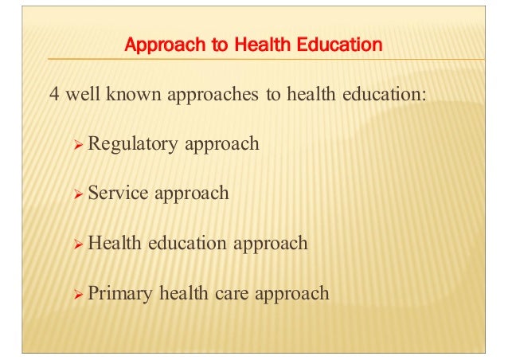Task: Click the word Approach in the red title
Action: pos(162,45)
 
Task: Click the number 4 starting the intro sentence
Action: pos(55,94)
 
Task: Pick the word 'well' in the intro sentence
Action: pos(83,94)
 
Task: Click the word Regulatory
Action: pos(133,144)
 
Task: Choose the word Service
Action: pos(115,194)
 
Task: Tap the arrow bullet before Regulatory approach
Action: pos(77,144)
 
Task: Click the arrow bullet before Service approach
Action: pos(77,194)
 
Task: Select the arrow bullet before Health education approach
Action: pos(77,244)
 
